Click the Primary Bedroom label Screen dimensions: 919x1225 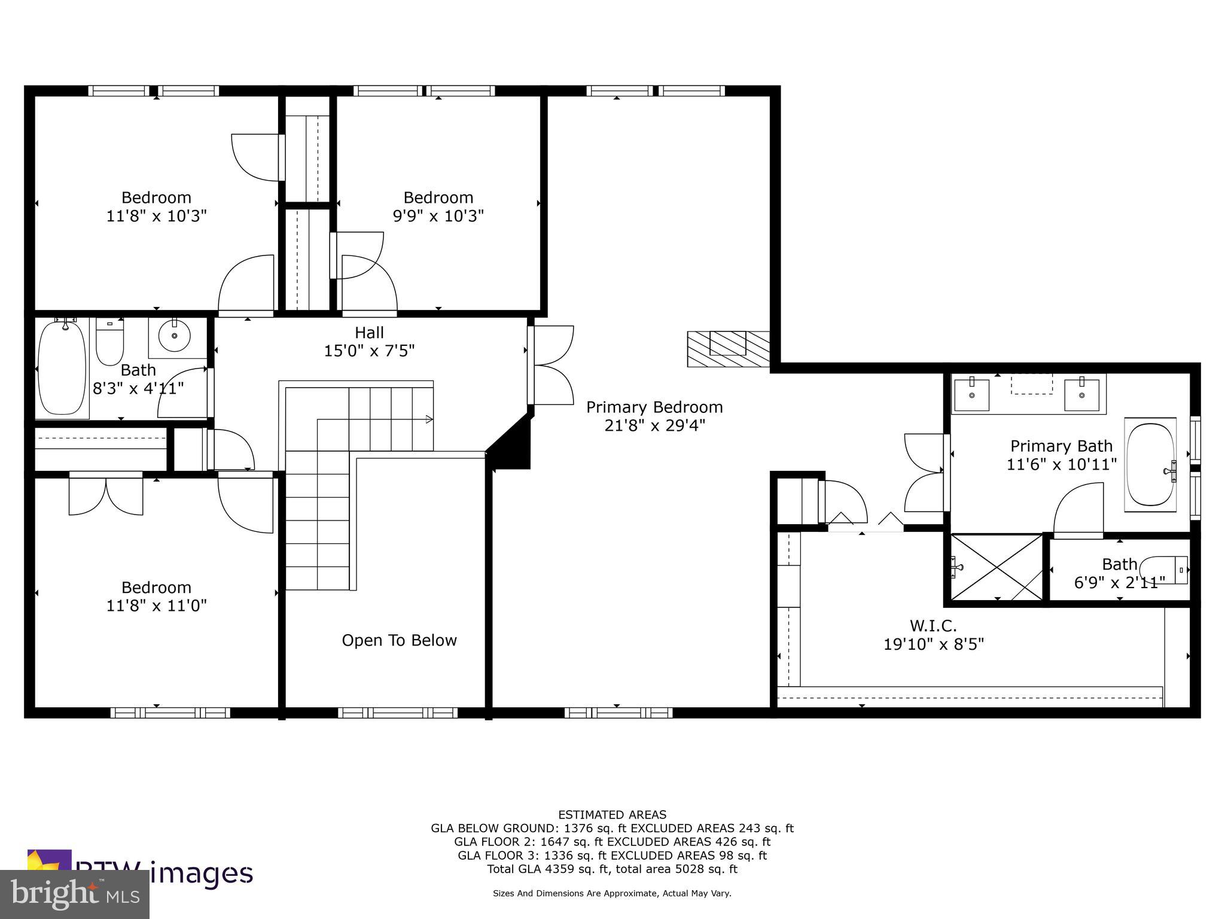(x=654, y=407)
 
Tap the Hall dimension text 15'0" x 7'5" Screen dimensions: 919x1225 (x=369, y=351)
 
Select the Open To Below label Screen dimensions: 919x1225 (x=399, y=640)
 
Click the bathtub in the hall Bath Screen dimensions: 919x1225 (x=62, y=369)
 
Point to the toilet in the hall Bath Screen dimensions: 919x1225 (x=109, y=342)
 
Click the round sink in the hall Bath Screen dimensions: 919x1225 (x=174, y=336)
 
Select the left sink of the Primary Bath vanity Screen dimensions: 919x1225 (x=971, y=395)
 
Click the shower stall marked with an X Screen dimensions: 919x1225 (x=997, y=568)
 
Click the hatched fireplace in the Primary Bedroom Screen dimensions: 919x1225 (x=728, y=349)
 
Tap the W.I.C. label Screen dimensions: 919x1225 (x=933, y=626)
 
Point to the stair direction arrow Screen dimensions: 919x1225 (x=429, y=419)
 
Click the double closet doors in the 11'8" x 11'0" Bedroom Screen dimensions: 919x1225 (x=106, y=495)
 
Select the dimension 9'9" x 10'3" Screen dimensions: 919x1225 (x=438, y=216)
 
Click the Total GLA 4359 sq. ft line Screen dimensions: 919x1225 (x=612, y=869)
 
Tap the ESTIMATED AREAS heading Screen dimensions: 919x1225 (x=612, y=814)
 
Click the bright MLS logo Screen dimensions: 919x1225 (x=74, y=894)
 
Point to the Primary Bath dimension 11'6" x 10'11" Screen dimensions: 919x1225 (x=1061, y=464)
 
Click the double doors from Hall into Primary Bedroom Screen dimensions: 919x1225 (x=551, y=365)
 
